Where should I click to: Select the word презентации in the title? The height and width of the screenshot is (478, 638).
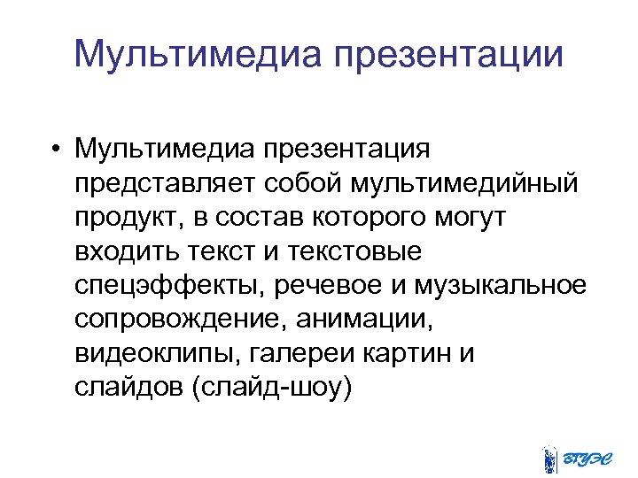[x=449, y=54]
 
